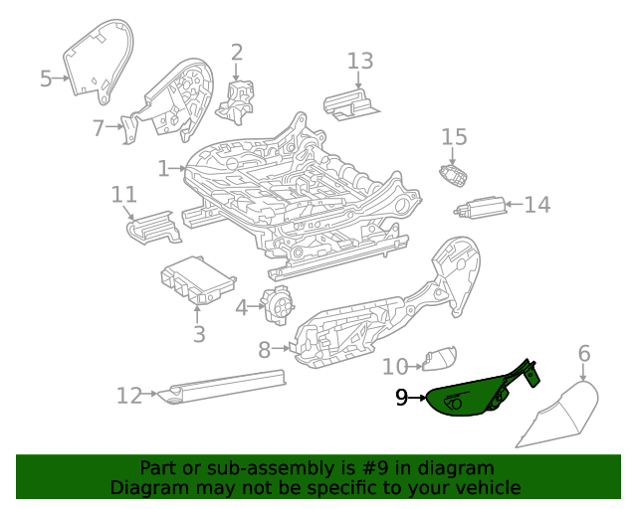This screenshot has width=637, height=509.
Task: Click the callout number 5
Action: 46,79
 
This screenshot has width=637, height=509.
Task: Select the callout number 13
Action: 360,61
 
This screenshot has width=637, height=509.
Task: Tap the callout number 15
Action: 454,136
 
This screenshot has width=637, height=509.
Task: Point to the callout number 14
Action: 536,205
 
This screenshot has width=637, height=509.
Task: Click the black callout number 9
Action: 401,398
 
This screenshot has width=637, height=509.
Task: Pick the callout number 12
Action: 129,396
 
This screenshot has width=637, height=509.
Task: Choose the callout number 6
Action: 584,353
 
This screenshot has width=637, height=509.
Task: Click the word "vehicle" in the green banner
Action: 483,487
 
